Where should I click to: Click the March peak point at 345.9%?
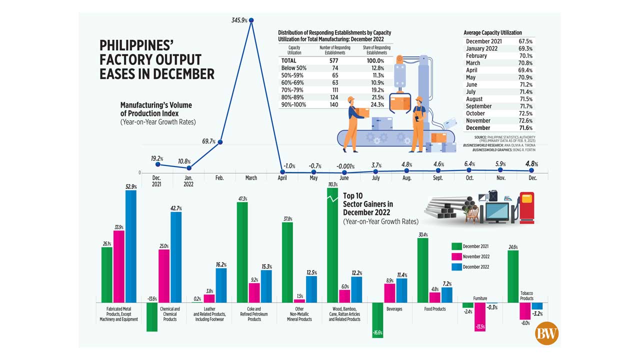tap(251, 20)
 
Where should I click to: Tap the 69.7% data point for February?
tap(220, 142)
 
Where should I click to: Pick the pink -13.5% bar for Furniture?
tap(480, 316)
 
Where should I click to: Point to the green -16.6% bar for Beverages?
tap(377, 320)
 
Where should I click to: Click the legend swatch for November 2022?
tap(456, 256)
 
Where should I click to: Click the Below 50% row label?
tap(293, 67)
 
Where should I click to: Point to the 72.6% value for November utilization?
tap(525, 120)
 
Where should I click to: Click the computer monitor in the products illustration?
tap(496, 208)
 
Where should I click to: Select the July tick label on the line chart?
tap(375, 178)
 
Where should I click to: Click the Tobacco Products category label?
tap(526, 295)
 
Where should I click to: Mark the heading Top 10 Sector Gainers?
tap(367, 204)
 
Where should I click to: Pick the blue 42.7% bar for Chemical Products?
tap(175, 256)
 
